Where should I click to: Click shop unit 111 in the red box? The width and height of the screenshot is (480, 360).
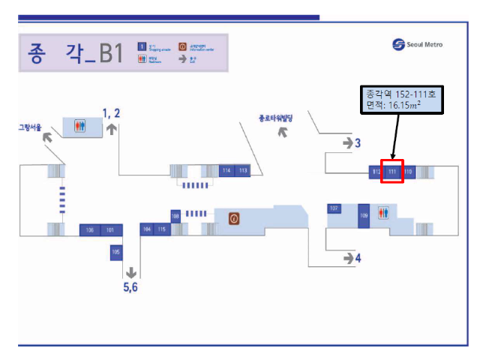(x=392, y=172)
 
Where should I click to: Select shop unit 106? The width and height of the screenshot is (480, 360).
(x=90, y=229)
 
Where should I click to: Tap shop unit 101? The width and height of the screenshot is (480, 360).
(x=111, y=229)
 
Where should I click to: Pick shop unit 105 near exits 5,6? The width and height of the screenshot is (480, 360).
(x=115, y=253)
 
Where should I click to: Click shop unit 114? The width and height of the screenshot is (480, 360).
(x=226, y=171)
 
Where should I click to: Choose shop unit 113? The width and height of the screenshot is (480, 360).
(x=243, y=171)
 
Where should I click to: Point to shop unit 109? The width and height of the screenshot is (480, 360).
(x=364, y=215)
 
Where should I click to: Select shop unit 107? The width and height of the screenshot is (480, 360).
(x=334, y=208)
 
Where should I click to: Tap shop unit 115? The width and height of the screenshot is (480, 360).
(x=162, y=229)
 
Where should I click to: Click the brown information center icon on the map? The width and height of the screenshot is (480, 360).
(x=234, y=218)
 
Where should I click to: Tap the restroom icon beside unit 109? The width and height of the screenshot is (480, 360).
(x=384, y=213)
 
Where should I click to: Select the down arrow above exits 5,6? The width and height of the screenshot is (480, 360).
(x=131, y=271)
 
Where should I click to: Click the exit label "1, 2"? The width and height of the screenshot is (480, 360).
(x=112, y=113)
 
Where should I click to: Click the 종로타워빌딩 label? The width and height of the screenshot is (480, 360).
(x=275, y=118)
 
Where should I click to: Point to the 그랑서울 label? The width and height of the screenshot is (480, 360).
(x=31, y=127)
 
